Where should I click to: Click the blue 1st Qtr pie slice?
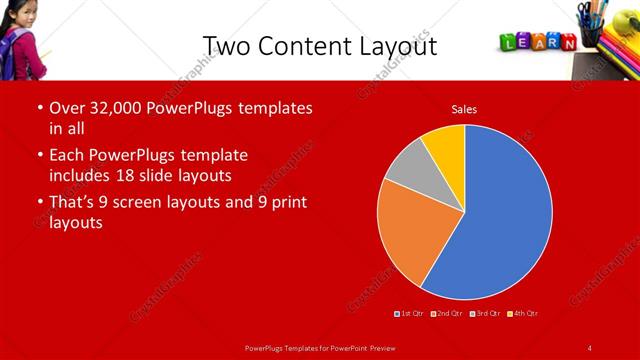[500, 220]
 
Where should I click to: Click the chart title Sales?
[464, 108]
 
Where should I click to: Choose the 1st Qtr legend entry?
[411, 313]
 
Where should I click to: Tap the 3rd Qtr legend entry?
[486, 313]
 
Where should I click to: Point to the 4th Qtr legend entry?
[524, 313]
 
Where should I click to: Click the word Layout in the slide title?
[398, 46]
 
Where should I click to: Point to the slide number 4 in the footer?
[590, 348]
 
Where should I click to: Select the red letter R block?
[555, 42]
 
